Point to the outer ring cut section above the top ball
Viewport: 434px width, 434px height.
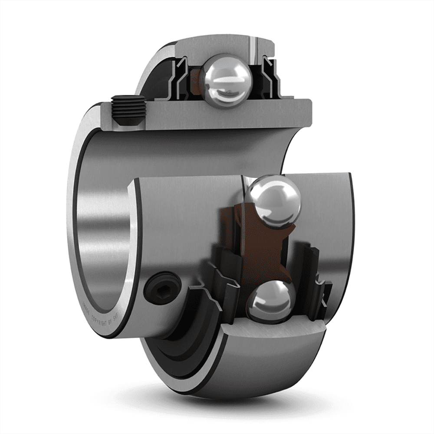(x=217, y=48)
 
